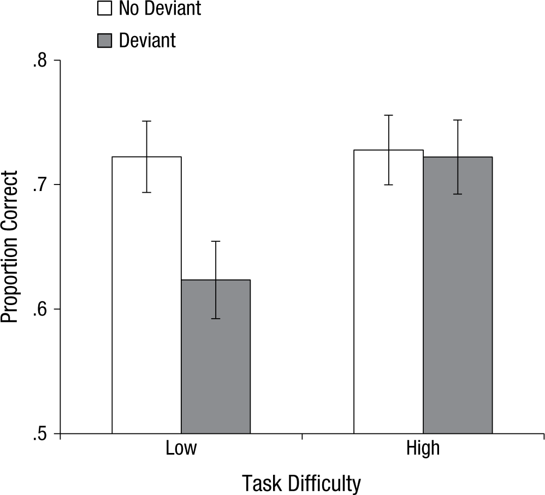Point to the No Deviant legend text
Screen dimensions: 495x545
tap(159, 9)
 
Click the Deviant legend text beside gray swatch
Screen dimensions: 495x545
tap(147, 40)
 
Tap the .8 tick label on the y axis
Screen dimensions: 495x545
tap(39, 61)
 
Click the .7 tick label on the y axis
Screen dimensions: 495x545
tap(39, 185)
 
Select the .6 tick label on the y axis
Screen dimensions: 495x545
tap(39, 309)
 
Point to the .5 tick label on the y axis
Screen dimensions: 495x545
tap(39, 434)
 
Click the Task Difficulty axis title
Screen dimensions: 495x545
tap(301, 482)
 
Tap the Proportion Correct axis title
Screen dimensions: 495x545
tap(10, 247)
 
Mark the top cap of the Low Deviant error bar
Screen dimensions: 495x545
tap(216, 241)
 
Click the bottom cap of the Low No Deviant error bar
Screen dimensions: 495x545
tap(146, 193)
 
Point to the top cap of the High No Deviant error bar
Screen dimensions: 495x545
tap(388, 115)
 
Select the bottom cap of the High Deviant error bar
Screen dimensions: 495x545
tap(458, 194)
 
